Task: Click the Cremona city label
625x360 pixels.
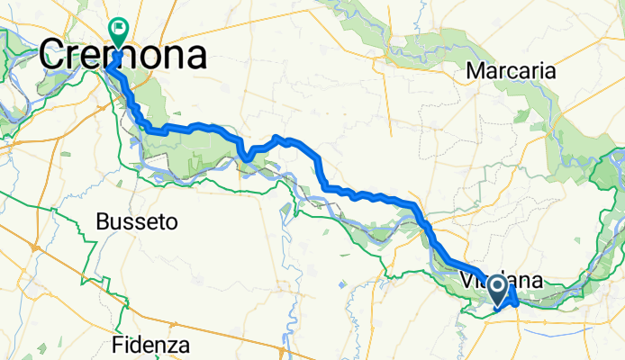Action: click(123, 56)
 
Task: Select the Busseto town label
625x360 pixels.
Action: click(137, 220)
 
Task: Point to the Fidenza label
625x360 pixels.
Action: click(151, 344)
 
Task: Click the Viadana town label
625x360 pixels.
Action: click(501, 280)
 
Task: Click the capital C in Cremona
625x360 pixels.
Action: click(54, 56)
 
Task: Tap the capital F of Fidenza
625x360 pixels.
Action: click(119, 344)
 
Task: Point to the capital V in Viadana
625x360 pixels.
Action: click(466, 280)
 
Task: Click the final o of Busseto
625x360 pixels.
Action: click(171, 221)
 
